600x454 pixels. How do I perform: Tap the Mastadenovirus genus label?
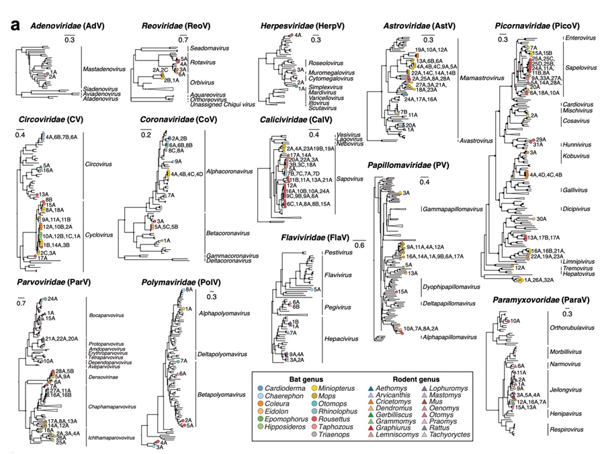(101, 69)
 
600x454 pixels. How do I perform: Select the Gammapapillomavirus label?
(452, 210)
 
